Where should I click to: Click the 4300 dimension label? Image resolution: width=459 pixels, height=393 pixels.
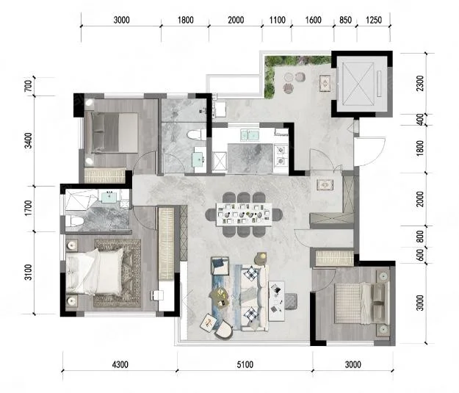120,365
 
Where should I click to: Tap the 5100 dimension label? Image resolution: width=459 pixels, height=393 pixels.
245,365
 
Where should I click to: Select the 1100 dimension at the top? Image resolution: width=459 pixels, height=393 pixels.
277,20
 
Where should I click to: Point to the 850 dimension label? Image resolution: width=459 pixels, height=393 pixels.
345,20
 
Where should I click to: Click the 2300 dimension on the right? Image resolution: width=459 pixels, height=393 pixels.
420,83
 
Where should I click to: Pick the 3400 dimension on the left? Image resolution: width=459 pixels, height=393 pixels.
29,140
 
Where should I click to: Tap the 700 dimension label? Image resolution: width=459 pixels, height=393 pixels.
29,85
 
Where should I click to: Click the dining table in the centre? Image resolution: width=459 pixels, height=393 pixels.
244,214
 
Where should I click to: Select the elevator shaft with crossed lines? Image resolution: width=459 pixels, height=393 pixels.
358,84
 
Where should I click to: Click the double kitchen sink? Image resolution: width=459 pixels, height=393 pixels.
249,135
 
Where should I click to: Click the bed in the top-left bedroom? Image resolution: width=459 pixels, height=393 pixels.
115,133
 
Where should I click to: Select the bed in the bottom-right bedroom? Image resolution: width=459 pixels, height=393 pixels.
362,303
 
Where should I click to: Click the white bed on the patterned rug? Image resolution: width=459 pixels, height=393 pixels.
94,272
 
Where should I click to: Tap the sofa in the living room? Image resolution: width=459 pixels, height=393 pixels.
254,298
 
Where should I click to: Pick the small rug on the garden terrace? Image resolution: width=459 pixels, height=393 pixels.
325,84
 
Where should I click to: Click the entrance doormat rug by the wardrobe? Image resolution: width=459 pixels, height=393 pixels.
325,185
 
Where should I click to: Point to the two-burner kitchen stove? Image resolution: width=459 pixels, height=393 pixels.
281,155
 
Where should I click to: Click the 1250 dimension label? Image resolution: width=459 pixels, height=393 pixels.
374,20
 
